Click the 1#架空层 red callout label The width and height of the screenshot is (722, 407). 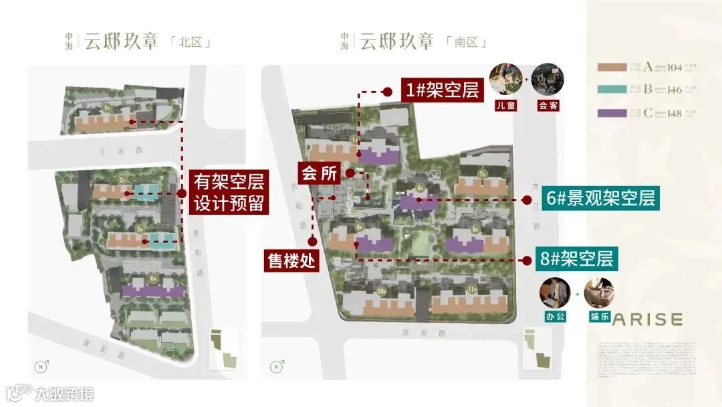tap(441, 90)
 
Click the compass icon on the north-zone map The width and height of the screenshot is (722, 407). tap(43, 366)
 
